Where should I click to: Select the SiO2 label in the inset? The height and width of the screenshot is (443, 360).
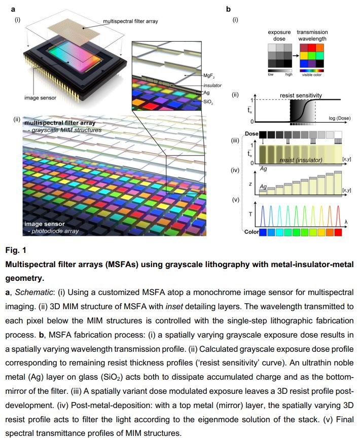[x=208, y=101]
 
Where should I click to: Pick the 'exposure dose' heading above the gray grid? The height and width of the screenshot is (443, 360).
[x=279, y=35]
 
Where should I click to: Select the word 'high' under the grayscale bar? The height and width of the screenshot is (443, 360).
[x=289, y=75]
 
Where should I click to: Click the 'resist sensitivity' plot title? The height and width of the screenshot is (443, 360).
[x=301, y=95]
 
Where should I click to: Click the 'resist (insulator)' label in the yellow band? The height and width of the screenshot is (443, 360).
[x=300, y=160]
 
